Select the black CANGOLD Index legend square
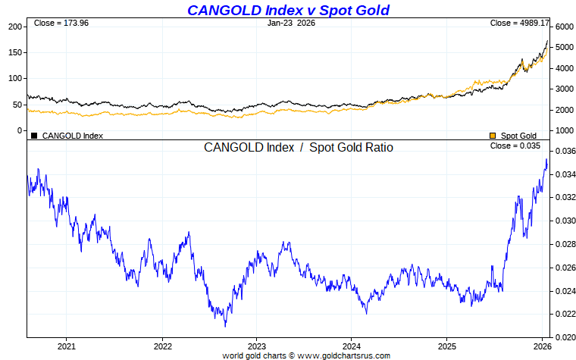click(34, 136)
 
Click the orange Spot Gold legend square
click(493, 136)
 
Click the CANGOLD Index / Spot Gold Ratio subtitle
click(298, 148)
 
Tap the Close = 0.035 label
click(515, 146)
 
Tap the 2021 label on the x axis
click(66, 346)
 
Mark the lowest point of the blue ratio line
click(225, 327)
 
